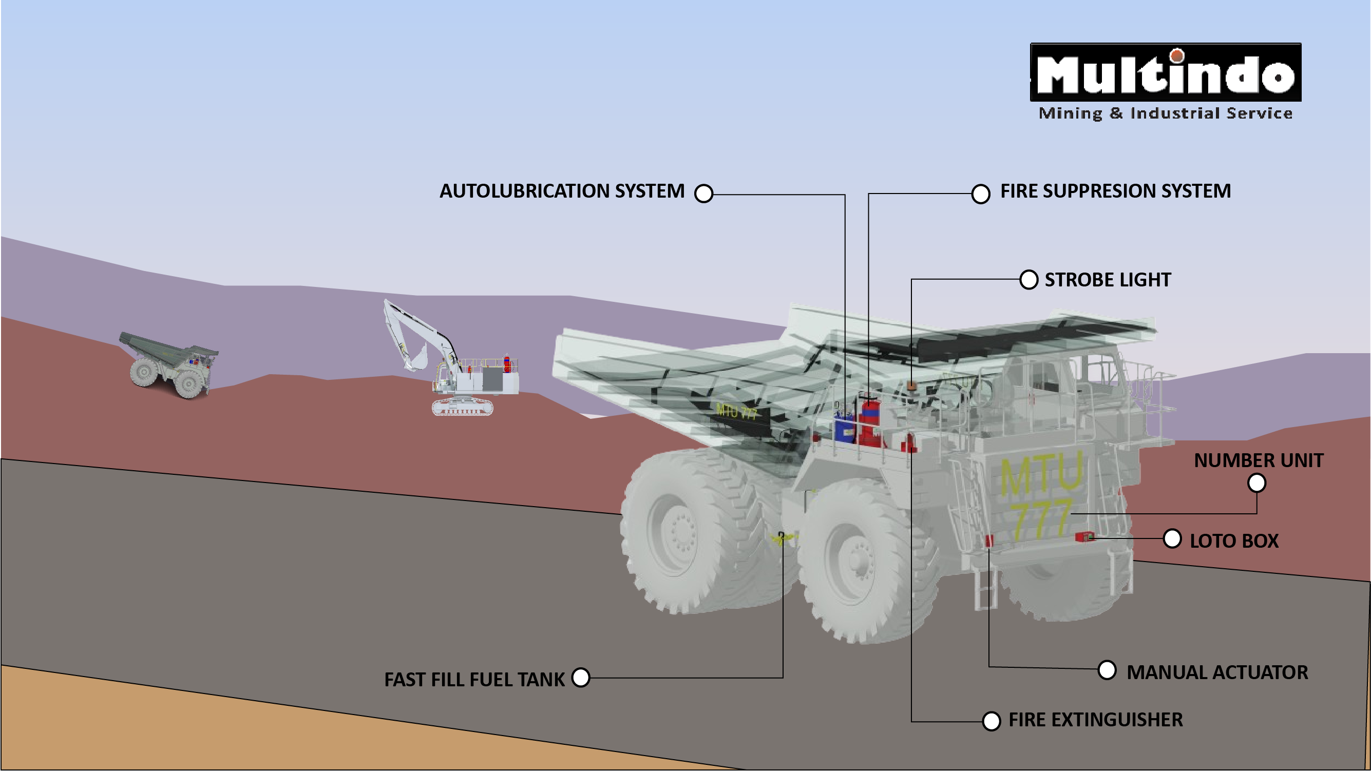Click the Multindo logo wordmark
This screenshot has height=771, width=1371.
(1166, 73)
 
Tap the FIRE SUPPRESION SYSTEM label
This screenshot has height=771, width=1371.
(1115, 191)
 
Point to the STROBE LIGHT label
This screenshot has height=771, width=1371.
(1108, 280)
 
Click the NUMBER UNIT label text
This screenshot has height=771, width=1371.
(1258, 460)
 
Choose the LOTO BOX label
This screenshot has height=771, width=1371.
(1234, 541)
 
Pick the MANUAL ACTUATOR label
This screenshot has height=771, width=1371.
(1216, 672)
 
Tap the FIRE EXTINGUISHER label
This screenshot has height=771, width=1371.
(1095, 720)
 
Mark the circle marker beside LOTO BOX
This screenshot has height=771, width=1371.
(1172, 538)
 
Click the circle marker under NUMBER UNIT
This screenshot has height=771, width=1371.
(1256, 483)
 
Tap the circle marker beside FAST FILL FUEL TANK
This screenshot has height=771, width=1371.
(581, 678)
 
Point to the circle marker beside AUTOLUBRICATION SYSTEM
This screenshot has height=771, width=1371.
(703, 193)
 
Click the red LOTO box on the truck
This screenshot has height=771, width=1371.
(1083, 536)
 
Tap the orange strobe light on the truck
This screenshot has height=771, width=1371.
(911, 384)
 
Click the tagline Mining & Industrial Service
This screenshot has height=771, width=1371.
(1166, 113)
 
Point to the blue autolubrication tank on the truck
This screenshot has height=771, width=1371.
(844, 428)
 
